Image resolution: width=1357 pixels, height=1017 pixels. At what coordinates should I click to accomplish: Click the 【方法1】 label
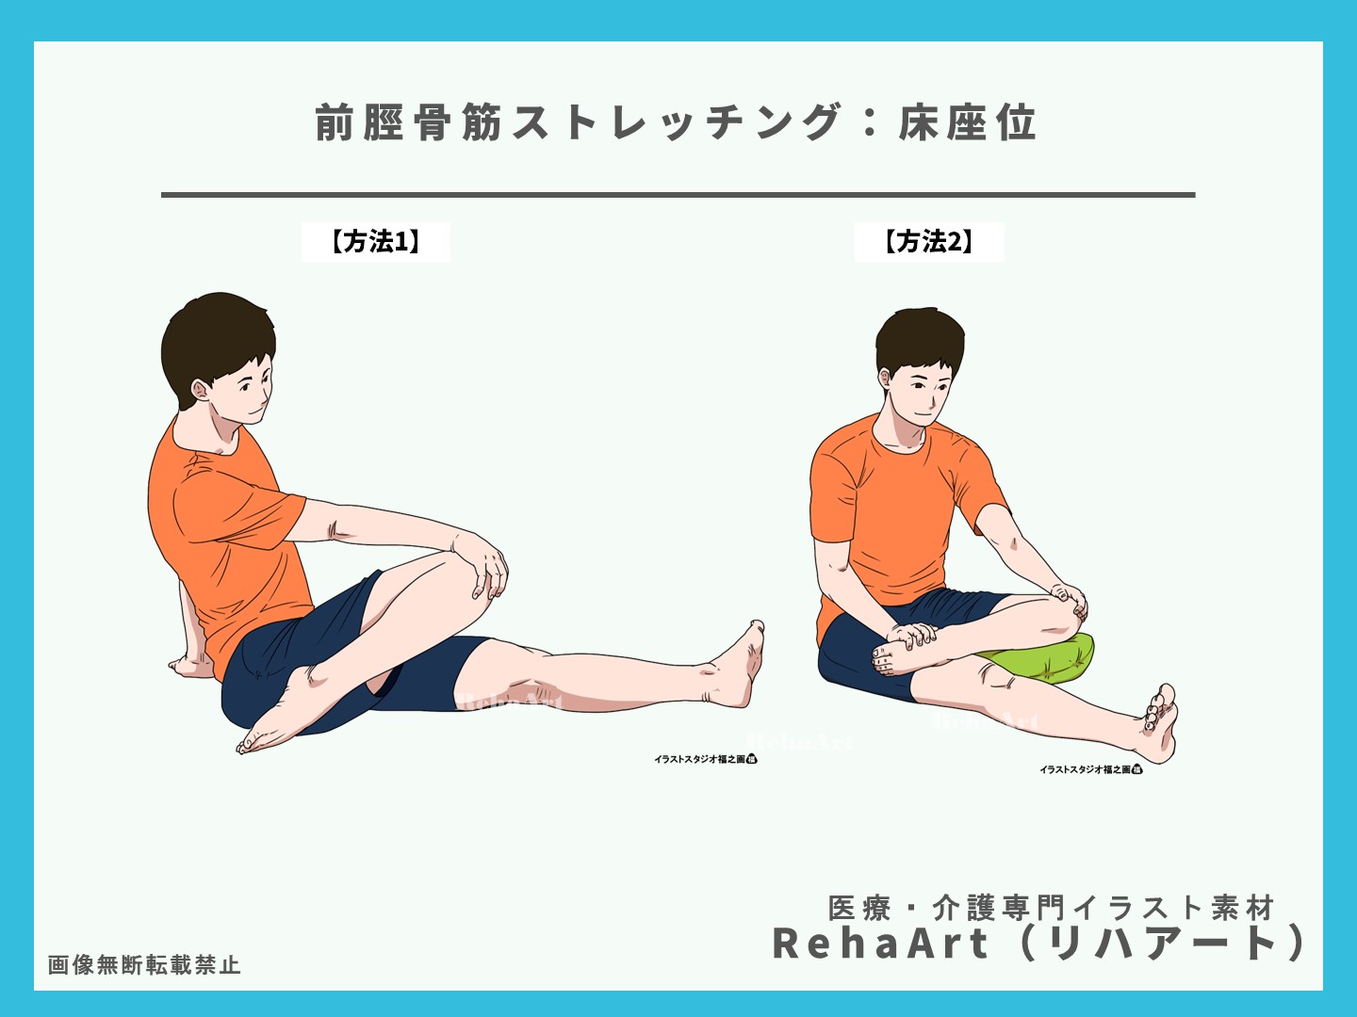coord(375,242)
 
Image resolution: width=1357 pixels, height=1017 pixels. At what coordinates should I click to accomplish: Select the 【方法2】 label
coord(928,242)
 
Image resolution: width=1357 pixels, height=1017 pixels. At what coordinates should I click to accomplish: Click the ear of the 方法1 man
coord(200,388)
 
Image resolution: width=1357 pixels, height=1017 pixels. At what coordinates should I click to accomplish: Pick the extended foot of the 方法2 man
coord(1158,725)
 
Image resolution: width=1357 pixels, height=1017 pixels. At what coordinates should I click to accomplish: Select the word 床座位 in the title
coord(967,123)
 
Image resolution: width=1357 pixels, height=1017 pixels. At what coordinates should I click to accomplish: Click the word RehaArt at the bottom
coord(881,944)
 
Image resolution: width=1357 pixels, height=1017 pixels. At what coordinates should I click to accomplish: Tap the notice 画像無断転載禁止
coord(144,965)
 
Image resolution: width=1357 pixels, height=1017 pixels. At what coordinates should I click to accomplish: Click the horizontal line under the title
coord(678,195)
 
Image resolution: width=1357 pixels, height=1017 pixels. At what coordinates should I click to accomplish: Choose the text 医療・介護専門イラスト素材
coord(1051,908)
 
